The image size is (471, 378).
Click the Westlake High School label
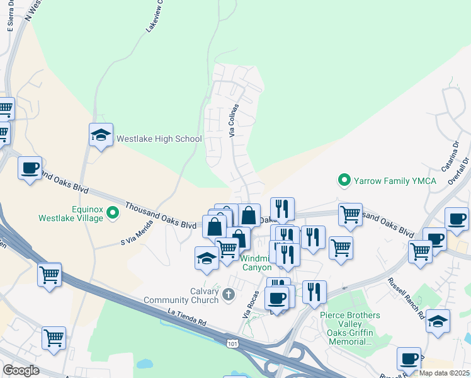point(159,139)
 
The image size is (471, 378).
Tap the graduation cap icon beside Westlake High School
point(101,135)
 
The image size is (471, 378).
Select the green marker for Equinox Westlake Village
point(113,212)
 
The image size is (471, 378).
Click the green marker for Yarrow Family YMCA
point(344,181)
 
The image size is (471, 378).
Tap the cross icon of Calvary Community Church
point(228,294)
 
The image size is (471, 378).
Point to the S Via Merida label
point(137,233)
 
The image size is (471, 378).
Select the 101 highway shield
point(233,341)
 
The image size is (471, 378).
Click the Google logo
point(21,370)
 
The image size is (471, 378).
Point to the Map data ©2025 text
point(445,373)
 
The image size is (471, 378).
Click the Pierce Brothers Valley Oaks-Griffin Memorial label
point(349,328)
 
